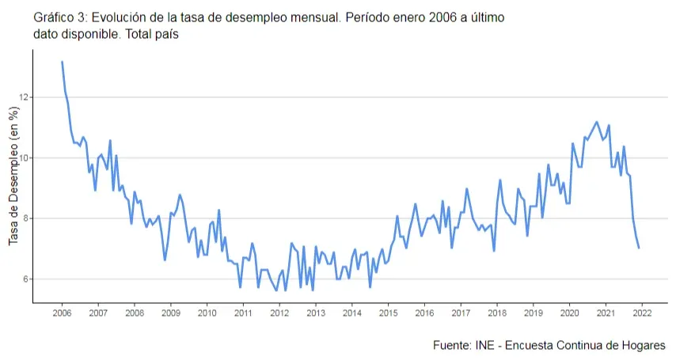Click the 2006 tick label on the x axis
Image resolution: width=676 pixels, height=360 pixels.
(62, 313)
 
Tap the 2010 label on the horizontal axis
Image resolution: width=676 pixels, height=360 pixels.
(207, 313)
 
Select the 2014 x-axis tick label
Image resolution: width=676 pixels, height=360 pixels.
(351, 313)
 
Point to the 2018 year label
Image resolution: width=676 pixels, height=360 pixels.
(496, 313)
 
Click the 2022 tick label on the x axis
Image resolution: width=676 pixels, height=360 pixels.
(641, 313)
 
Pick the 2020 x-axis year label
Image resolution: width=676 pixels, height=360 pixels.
(569, 313)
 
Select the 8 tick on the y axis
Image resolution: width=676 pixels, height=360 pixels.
(25, 218)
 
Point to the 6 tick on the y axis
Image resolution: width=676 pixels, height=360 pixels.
(25, 279)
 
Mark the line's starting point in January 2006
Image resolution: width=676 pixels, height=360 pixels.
(62, 62)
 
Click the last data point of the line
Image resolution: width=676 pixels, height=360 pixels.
(639, 248)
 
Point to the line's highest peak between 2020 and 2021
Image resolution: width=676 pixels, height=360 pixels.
(596, 122)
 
